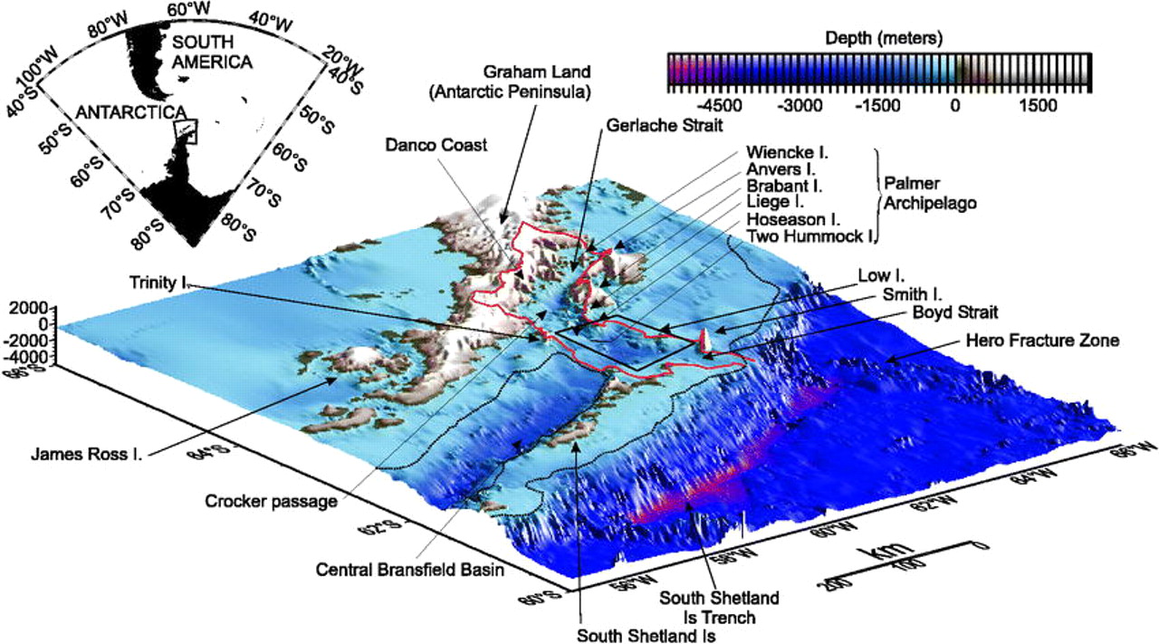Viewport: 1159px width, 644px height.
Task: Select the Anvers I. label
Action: coord(781,168)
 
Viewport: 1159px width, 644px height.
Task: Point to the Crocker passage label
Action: coord(259,500)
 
